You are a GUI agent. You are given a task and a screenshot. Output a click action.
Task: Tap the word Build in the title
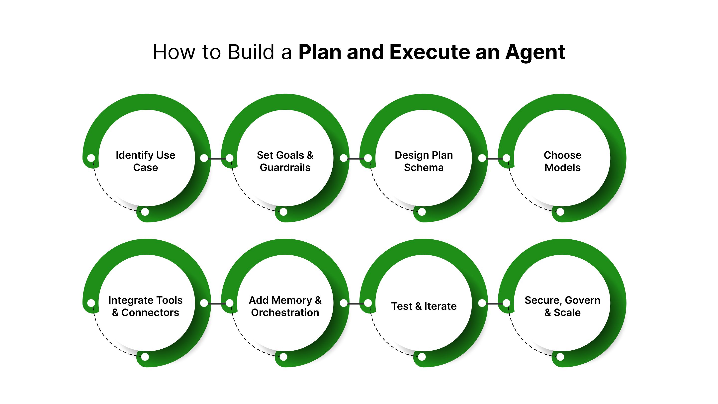point(251,52)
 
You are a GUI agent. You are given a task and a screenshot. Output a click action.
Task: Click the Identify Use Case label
point(146,161)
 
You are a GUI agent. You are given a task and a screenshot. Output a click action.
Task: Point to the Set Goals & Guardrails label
point(285,161)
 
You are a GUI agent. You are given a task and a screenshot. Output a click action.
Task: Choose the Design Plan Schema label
point(424,161)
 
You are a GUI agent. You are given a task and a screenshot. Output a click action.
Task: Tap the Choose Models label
point(562,161)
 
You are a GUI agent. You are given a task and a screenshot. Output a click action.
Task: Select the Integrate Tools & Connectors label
point(146,306)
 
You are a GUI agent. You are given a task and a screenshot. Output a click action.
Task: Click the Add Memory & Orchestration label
point(285,306)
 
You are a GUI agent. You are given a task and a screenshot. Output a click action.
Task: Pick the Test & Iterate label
point(424,306)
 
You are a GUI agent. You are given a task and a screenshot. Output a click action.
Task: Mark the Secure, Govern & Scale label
point(562,306)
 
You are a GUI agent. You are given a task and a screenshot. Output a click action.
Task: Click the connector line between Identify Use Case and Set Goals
point(217,158)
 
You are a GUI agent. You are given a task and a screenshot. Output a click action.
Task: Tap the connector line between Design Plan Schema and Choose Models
point(494,158)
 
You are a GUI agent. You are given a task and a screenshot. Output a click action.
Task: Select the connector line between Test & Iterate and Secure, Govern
point(494,303)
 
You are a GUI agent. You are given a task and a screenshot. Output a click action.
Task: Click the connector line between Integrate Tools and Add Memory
point(217,303)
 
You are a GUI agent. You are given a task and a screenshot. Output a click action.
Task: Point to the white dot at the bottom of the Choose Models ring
point(560,212)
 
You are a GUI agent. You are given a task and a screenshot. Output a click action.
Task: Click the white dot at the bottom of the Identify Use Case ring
point(145,212)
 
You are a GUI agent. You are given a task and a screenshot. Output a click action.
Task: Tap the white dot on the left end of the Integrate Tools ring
point(91,303)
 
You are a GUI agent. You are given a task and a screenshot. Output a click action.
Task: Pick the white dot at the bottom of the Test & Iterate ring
point(422,357)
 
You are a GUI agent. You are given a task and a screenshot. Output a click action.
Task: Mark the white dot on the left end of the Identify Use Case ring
point(91,158)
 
